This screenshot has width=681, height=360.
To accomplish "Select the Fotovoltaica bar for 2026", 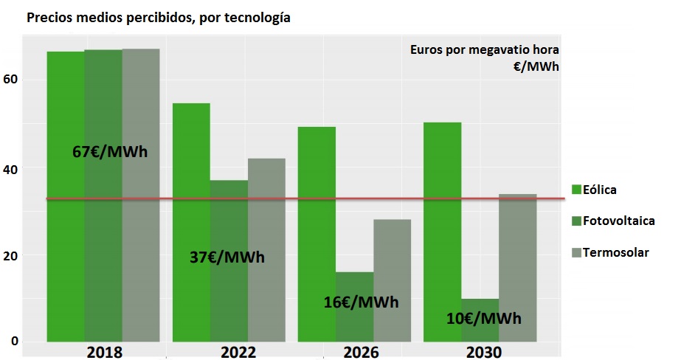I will coord(354,325).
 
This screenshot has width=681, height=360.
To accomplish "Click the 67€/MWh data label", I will coord(110,152).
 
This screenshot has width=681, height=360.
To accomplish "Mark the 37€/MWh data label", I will coord(227,257).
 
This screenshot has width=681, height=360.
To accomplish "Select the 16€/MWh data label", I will coord(362,302).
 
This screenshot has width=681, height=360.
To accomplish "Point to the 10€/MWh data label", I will coord(484,319).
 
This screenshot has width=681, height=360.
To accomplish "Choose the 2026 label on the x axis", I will coord(360,352).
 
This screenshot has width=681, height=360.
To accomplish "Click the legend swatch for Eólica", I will coord(577,190).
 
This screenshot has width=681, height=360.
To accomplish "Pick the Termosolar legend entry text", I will coord(616,252).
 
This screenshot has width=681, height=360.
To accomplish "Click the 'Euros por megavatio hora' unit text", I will coord(485,50).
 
